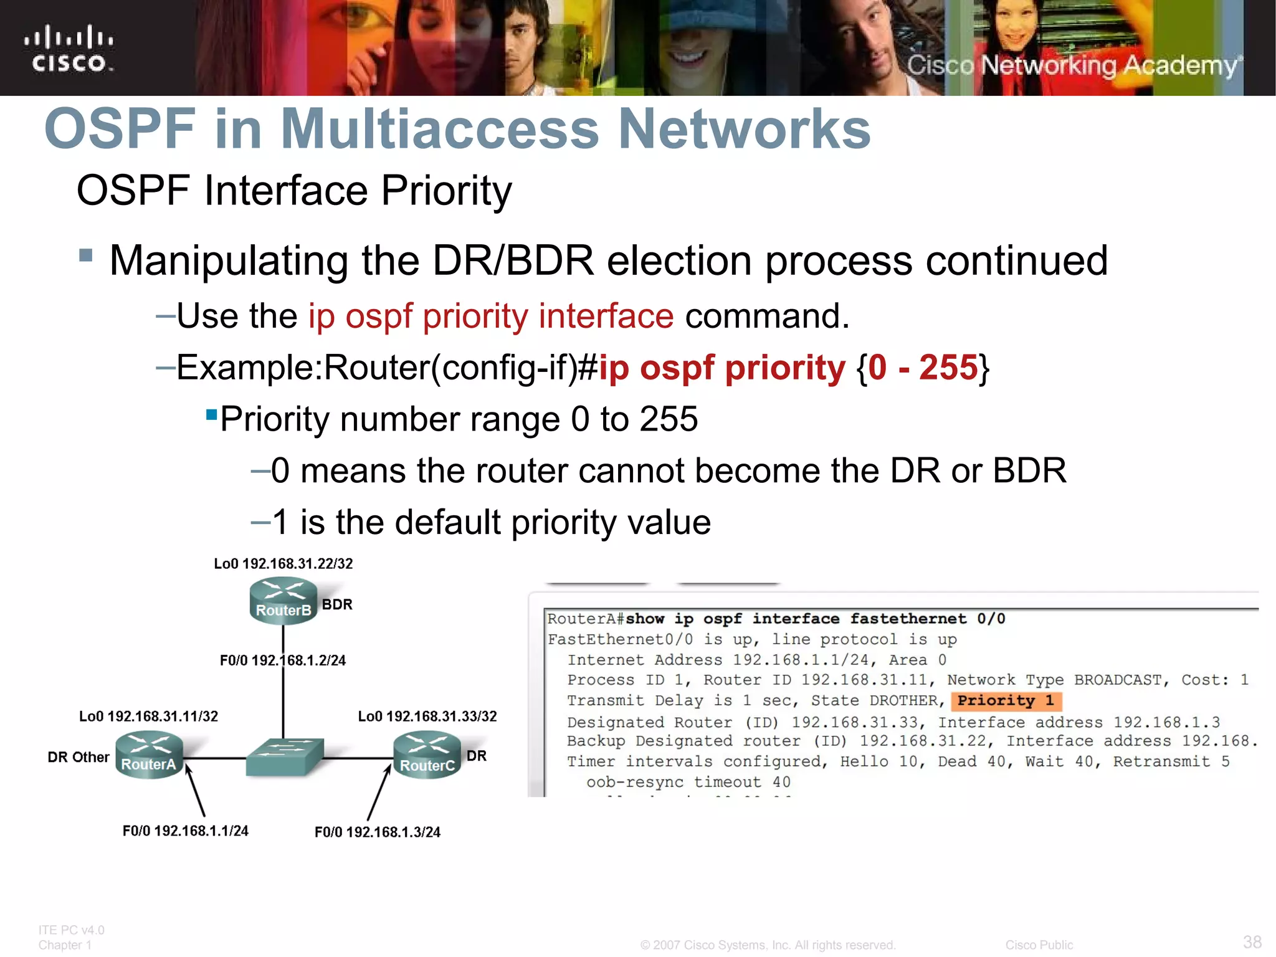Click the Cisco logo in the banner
pyautogui.click(x=69, y=49)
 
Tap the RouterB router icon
pyautogui.click(x=283, y=601)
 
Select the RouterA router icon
pyautogui.click(x=150, y=755)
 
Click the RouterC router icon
pyautogui.click(x=427, y=755)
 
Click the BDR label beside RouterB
pyautogui.click(x=337, y=604)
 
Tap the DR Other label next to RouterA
pyautogui.click(x=79, y=757)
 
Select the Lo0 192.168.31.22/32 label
pyautogui.click(x=283, y=564)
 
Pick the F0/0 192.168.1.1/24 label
pyautogui.click(x=186, y=831)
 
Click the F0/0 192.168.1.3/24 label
pyautogui.click(x=378, y=832)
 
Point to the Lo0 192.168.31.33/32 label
pyautogui.click(x=427, y=717)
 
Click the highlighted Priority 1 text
pyautogui.click(x=1006, y=701)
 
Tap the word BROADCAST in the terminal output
pyautogui.click(x=1118, y=680)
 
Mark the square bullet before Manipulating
pyautogui.click(x=86, y=255)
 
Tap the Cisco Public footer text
pyautogui.click(x=1039, y=945)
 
